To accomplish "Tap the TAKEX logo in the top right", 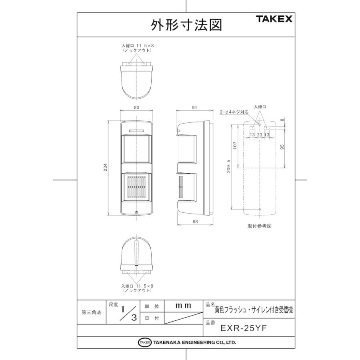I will click(274, 19).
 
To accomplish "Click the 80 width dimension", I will click(136, 107).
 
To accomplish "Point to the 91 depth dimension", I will click(195, 107).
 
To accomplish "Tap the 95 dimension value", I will click(282, 146).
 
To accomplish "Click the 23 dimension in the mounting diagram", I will click(259, 135).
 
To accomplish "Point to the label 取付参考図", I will click(260, 226).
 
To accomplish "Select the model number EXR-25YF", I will click(243, 328).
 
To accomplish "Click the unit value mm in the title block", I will click(184, 305).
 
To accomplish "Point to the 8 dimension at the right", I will click(282, 120).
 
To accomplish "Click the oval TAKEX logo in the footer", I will click(144, 342).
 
